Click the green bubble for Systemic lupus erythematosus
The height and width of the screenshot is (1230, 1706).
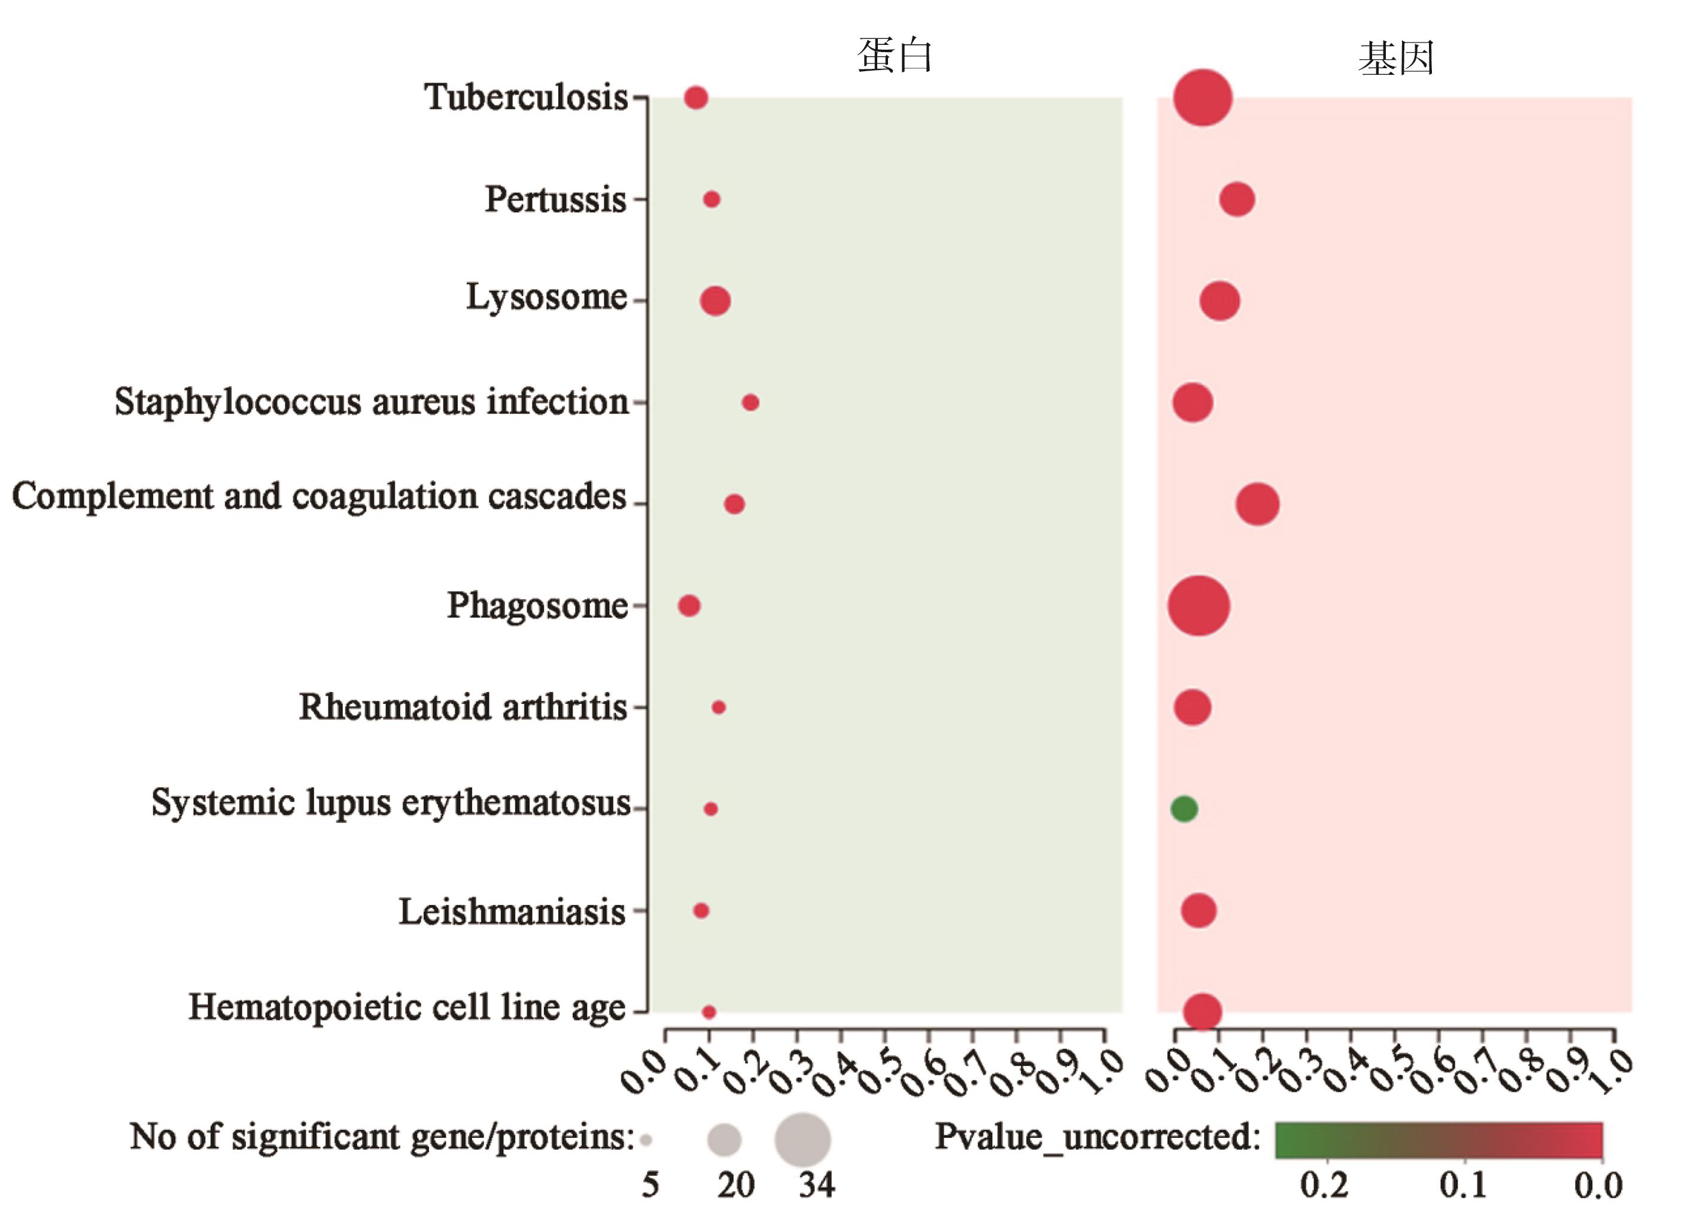click(x=1184, y=809)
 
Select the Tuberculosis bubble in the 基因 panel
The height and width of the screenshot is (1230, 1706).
click(x=1202, y=98)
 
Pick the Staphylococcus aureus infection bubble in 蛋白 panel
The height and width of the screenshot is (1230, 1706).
click(x=750, y=402)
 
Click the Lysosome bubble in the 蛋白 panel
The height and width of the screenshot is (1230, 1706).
click(x=714, y=301)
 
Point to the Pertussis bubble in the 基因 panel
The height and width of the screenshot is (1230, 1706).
click(x=1237, y=199)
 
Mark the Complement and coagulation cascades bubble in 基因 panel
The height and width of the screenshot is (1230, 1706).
click(x=1257, y=504)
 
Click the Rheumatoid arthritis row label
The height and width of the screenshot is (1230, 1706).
click(x=463, y=707)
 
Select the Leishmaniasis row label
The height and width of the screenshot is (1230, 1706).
click(x=512, y=911)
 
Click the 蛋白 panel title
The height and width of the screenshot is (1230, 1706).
click(x=895, y=56)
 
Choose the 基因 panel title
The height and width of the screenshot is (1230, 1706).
click(x=1396, y=58)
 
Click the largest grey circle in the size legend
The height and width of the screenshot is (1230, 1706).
click(x=802, y=1140)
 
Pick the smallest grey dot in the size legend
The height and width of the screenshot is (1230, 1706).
click(x=646, y=1140)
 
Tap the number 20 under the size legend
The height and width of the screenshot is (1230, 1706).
click(x=735, y=1186)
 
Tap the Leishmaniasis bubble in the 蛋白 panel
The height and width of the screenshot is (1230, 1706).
click(x=700, y=911)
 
